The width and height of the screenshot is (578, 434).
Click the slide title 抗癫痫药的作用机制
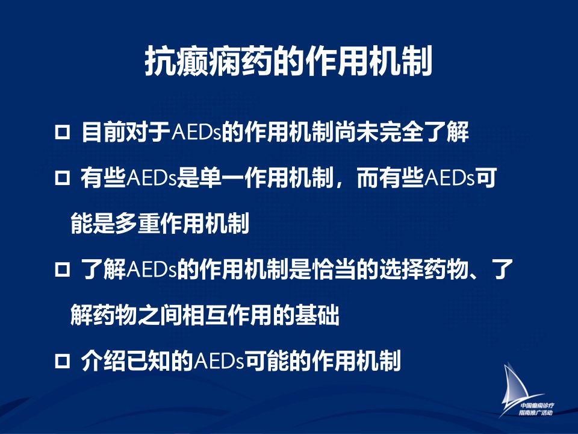(x=288, y=61)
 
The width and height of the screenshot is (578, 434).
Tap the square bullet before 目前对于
(x=62, y=132)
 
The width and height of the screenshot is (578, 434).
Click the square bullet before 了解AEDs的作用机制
(x=62, y=270)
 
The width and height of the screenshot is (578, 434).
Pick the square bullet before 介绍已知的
(x=62, y=360)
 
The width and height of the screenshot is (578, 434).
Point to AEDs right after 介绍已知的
(x=219, y=361)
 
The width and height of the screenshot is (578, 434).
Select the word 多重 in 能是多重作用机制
(x=137, y=224)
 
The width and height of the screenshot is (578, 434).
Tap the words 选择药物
(x=423, y=269)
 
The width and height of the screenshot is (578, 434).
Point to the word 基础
(x=317, y=315)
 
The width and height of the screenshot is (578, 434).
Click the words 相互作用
(x=228, y=315)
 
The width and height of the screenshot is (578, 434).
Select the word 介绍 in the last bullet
(x=104, y=360)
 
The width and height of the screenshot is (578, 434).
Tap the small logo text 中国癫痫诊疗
(x=537, y=406)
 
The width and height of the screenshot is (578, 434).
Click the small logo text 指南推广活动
(x=536, y=412)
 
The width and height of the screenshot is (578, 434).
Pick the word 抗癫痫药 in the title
(x=208, y=61)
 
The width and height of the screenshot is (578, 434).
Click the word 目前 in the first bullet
(x=104, y=132)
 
